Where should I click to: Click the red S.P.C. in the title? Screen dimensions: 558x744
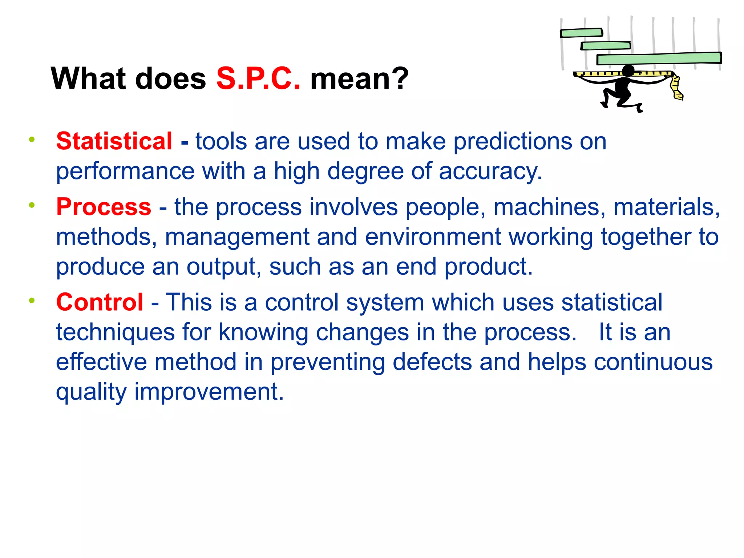click(258, 79)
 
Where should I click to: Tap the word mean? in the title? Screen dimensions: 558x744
click(359, 79)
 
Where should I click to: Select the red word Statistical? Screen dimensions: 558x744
click(114, 141)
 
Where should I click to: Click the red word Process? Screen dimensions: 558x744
click(104, 207)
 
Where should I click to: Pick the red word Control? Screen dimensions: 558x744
click(100, 302)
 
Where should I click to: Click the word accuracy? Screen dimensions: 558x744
click(490, 171)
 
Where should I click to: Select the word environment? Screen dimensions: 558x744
click(433, 237)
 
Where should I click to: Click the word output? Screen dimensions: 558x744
click(224, 267)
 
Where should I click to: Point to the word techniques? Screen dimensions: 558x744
click(115, 332)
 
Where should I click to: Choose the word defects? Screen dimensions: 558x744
click(432, 362)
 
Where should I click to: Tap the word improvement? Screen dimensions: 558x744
click(209, 392)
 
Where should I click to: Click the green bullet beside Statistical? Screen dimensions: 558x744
click(32, 139)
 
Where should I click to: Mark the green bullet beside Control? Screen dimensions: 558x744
click(32, 300)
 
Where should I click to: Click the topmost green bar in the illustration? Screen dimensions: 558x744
click(581, 33)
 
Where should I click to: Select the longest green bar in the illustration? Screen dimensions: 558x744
click(659, 58)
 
